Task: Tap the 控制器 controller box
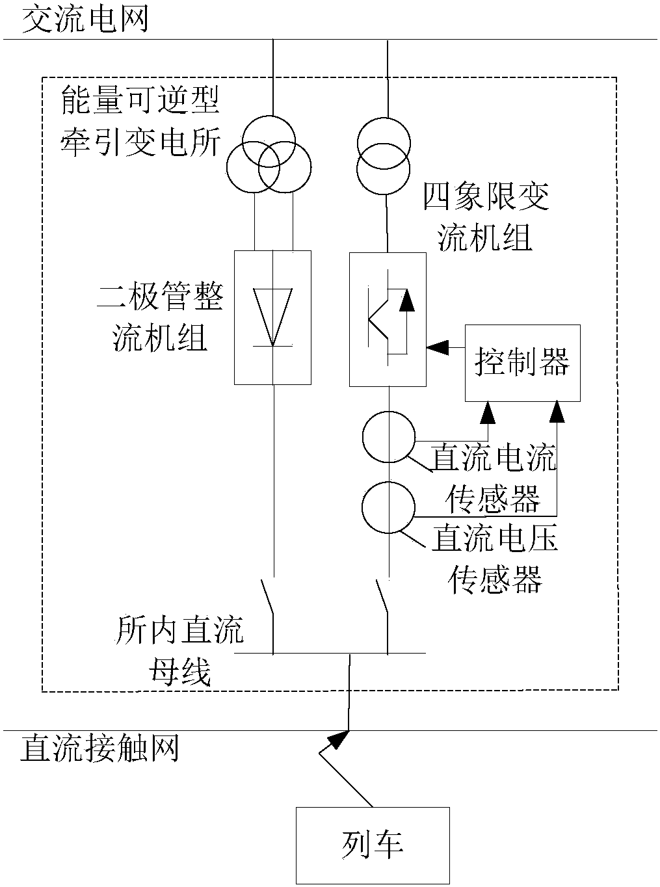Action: click(522, 362)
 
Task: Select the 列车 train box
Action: click(373, 845)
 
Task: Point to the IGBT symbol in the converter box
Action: click(388, 319)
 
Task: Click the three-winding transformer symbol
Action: click(267, 153)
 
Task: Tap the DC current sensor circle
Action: click(388, 437)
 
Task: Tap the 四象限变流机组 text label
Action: click(486, 217)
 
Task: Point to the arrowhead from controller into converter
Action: click(436, 347)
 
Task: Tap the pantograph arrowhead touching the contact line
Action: click(338, 738)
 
